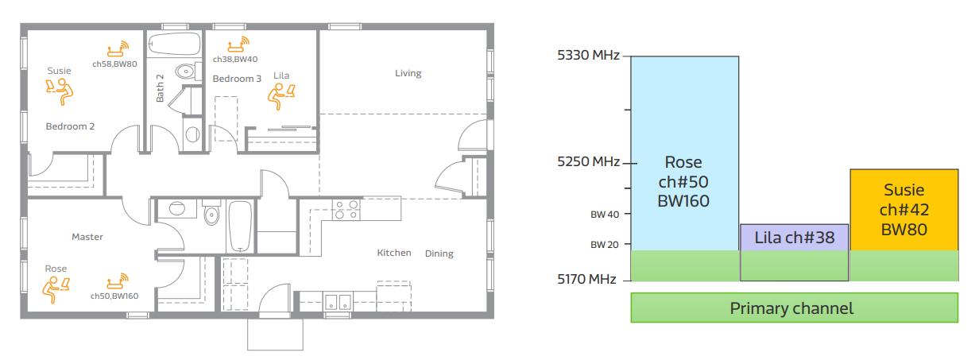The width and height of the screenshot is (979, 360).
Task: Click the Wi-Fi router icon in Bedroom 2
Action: pyautogui.click(x=118, y=49)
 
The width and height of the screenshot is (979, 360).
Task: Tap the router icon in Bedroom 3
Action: pyautogui.click(x=238, y=45)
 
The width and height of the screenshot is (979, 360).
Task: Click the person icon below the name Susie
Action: pyautogui.click(x=60, y=91)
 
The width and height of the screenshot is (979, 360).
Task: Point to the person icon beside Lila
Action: pyautogui.click(x=281, y=96)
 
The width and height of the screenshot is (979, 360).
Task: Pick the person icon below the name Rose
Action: pyautogui.click(x=56, y=289)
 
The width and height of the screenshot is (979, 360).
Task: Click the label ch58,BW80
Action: pyautogui.click(x=114, y=64)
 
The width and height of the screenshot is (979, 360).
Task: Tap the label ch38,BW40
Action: pyautogui.click(x=235, y=60)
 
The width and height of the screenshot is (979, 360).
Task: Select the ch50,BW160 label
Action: pyautogui.click(x=114, y=296)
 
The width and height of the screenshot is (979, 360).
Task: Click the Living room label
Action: pyautogui.click(x=408, y=73)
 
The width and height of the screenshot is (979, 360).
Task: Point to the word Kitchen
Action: pyautogui.click(x=394, y=253)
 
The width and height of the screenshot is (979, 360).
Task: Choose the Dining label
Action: pyautogui.click(x=439, y=254)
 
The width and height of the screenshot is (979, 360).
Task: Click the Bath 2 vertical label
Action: pyautogui.click(x=160, y=88)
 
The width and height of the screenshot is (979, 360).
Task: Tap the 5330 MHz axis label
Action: pyautogui.click(x=588, y=56)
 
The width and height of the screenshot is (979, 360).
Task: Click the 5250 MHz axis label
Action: pyautogui.click(x=588, y=162)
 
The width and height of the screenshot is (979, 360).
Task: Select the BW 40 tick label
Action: pyautogui.click(x=605, y=215)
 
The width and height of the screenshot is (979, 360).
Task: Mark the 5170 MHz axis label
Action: pyautogui.click(x=586, y=279)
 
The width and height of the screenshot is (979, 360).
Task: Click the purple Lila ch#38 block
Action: pyautogui.click(x=794, y=238)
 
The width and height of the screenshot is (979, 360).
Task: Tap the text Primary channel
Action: pyautogui.click(x=791, y=308)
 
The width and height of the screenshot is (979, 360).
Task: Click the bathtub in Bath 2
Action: pyautogui.click(x=174, y=43)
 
